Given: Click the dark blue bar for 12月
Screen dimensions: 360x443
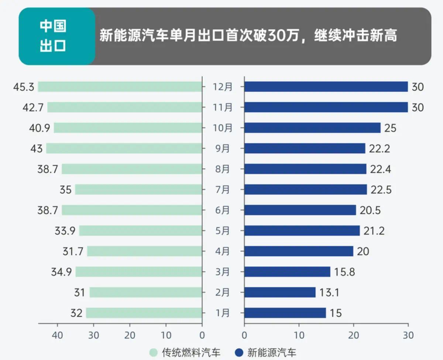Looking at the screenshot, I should pos(326,87).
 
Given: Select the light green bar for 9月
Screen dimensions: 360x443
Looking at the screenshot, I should pos(124,148).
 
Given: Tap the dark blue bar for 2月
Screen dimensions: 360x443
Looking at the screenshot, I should pos(280,292).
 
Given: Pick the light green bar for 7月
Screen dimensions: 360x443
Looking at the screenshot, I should pos(138,189).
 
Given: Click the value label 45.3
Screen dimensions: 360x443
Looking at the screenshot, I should pos(24,87).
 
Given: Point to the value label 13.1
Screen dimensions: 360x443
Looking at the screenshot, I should pos(329,293).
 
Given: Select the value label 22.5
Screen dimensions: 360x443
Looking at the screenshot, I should pos(381,190).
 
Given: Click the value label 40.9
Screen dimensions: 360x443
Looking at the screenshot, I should pos(40,128).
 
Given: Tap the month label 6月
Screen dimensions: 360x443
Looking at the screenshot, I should pos(221,210).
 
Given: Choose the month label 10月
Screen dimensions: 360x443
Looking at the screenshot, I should pos(223,128).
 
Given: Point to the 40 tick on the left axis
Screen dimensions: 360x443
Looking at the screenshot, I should pos(58,335).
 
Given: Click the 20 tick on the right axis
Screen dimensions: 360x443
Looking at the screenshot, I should pos(354,335).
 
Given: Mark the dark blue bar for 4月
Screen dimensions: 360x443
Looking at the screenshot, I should pos(298,251).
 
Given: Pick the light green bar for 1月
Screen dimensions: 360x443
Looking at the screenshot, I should pos(144,313).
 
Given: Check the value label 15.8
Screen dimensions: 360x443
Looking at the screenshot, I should pos(345,272).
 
